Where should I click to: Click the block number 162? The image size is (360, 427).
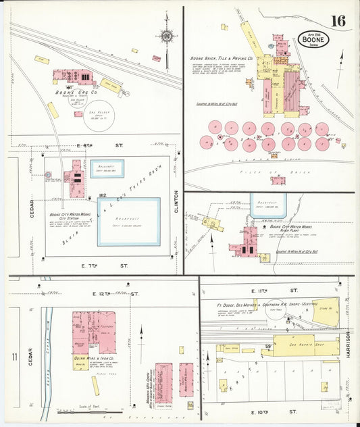click(103, 195)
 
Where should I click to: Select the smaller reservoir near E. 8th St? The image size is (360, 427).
click(108, 168)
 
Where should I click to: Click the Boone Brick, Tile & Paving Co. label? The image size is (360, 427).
click(222, 59)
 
